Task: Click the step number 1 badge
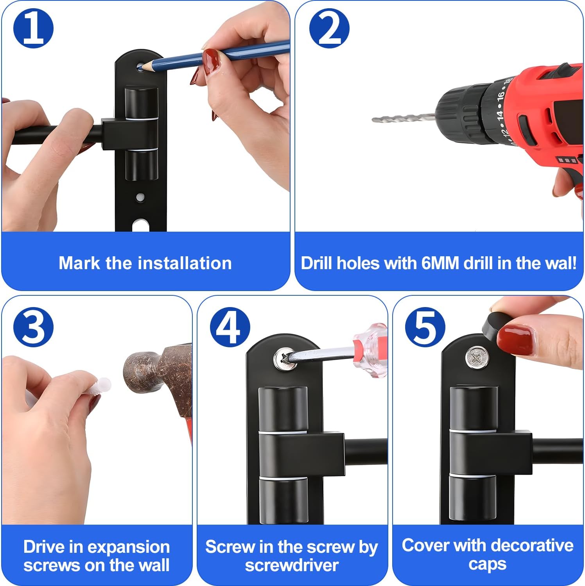33,29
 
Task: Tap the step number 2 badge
329,29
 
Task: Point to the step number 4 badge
230,327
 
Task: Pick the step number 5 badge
425,327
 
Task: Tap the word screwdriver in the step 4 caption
292,565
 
